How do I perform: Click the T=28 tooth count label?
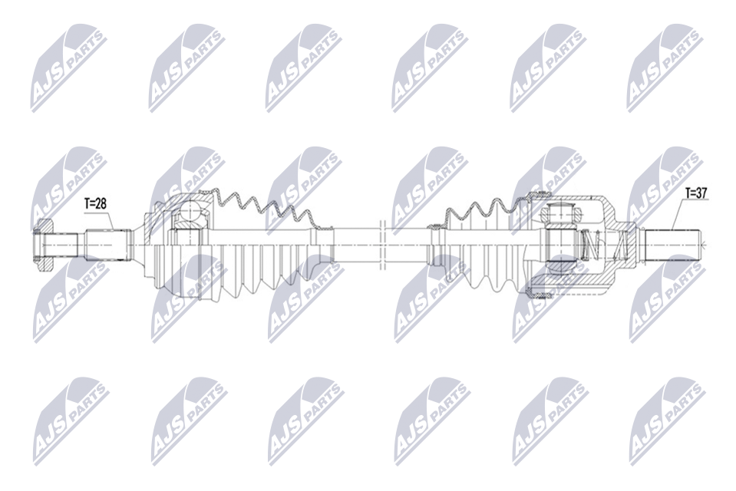point(95,204)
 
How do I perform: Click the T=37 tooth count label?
point(697,193)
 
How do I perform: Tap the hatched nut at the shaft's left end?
point(44,245)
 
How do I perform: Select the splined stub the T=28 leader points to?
point(107,245)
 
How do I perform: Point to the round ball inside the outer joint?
point(191,211)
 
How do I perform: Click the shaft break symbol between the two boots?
point(381,245)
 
